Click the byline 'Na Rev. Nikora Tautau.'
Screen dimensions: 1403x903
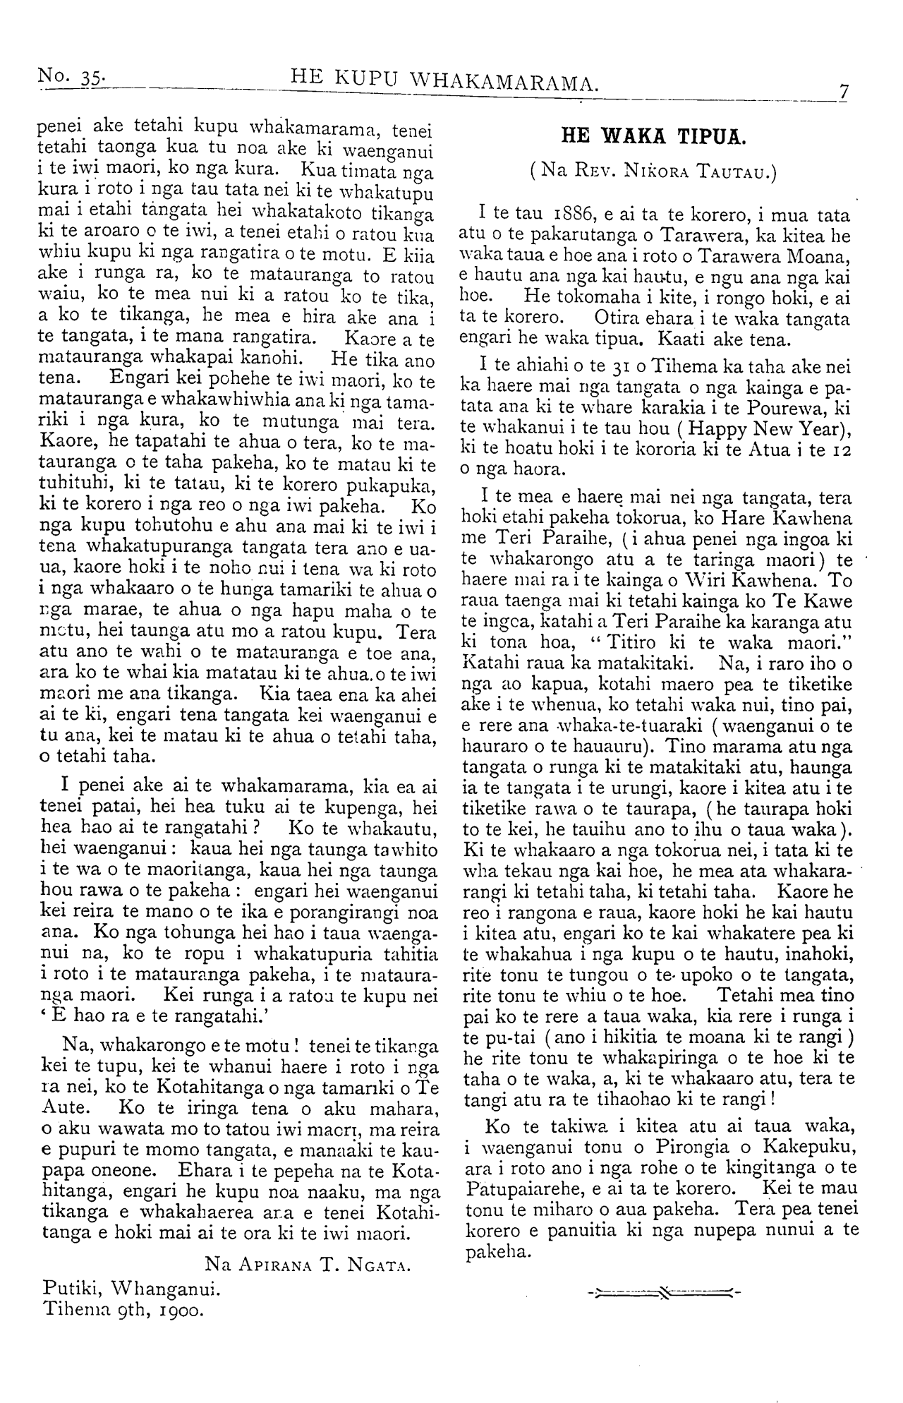pos(655,172)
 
